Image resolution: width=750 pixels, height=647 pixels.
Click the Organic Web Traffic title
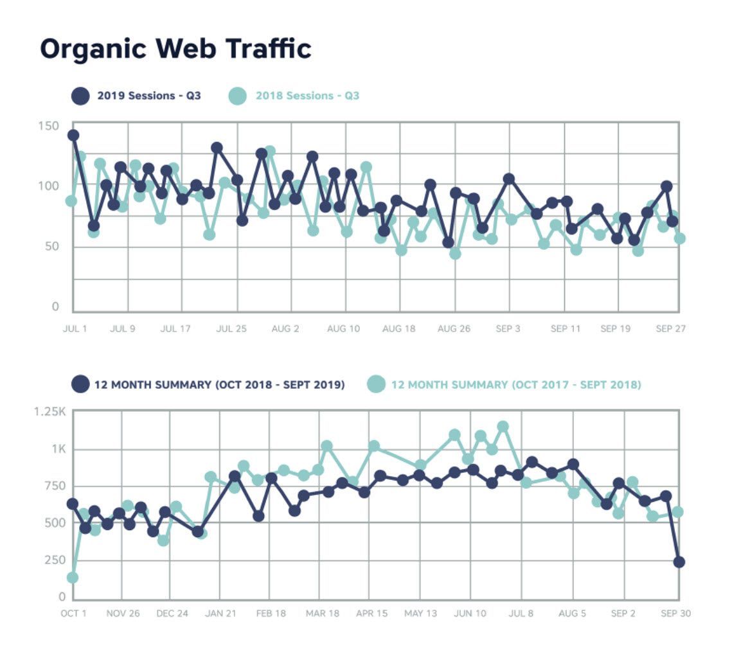tap(175, 49)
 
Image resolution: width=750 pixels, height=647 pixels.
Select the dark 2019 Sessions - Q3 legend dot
tap(80, 96)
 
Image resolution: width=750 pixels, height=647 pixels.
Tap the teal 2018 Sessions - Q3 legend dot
tap(237, 96)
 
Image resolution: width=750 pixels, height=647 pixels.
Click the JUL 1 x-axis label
tap(75, 329)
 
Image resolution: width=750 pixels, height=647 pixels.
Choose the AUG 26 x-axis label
tap(454, 329)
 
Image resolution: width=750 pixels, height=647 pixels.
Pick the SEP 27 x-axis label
tap(670, 329)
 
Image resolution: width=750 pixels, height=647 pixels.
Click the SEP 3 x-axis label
tap(508, 329)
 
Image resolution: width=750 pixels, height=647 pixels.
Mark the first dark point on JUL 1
tap(73, 135)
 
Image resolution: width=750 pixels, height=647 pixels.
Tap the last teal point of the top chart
tap(679, 238)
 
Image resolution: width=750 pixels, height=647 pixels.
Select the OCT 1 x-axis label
tap(73, 614)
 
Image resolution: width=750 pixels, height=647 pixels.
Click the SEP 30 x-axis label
tap(675, 614)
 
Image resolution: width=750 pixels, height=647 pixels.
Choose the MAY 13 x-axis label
tap(420, 614)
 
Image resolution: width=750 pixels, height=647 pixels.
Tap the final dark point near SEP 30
tap(679, 562)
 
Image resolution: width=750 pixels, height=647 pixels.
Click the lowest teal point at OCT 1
tap(73, 578)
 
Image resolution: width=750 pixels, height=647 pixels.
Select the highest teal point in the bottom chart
tap(503, 427)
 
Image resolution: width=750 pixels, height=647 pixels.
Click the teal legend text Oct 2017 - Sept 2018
tap(516, 385)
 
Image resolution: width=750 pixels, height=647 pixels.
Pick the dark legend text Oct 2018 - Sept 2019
tap(220, 385)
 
